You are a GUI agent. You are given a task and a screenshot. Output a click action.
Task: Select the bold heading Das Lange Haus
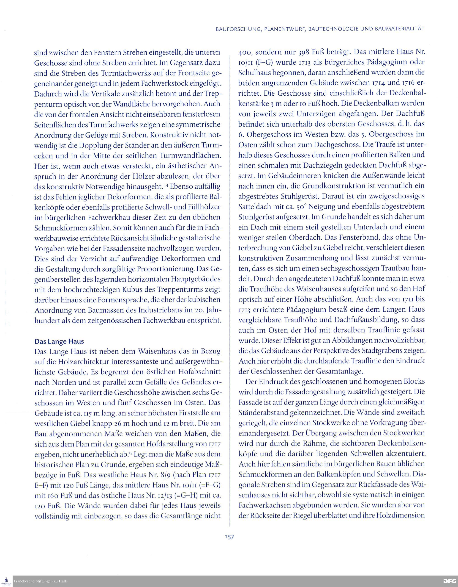click(59, 341)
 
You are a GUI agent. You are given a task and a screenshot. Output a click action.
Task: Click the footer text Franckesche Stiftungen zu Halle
click(41, 581)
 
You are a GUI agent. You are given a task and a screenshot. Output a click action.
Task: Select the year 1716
click(409, 83)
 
